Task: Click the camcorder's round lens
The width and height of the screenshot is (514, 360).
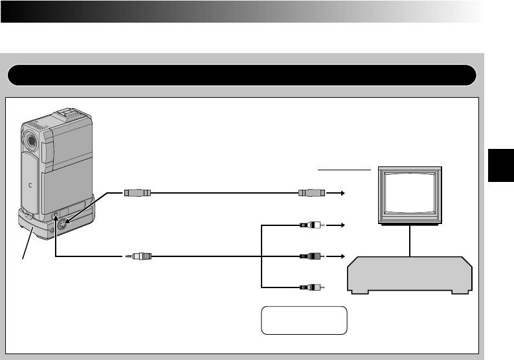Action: pos(30,139)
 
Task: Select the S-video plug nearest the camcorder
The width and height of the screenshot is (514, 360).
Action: pos(137,193)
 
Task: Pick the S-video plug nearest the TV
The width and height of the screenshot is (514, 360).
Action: pos(310,193)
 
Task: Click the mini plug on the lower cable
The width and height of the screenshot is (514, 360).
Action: pos(139,256)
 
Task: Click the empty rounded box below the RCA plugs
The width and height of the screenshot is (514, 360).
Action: pos(304,320)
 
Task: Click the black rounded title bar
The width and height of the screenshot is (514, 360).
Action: pos(241,75)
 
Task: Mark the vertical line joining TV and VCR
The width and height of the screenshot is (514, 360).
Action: pos(410,240)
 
